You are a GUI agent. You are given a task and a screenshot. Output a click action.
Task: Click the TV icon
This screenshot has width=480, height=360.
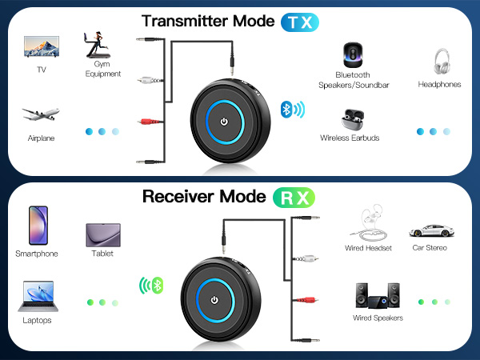click(41, 47)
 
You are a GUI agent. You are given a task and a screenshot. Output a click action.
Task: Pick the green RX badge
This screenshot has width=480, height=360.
click(293, 197)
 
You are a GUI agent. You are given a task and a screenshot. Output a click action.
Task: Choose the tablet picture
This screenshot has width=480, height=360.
click(102, 234)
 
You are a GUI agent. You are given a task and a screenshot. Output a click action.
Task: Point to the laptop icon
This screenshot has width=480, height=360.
click(38, 295)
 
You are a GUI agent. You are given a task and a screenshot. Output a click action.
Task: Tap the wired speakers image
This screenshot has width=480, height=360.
click(377, 295)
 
